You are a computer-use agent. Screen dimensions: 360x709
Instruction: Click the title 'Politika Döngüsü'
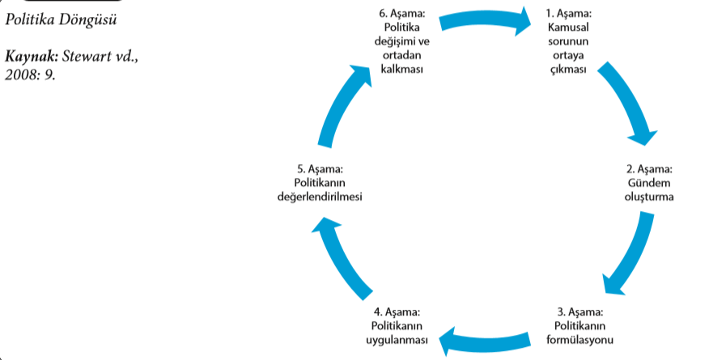(61, 18)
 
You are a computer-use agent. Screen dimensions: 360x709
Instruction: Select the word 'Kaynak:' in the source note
(32, 58)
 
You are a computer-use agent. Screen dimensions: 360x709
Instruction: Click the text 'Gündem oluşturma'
(649, 189)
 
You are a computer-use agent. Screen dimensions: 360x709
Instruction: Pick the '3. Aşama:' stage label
(581, 311)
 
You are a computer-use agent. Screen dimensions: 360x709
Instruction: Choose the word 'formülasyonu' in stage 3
(581, 337)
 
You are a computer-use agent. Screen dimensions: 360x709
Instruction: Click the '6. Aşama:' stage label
(393, 14)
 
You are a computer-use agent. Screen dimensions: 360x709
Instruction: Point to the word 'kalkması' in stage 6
(393, 68)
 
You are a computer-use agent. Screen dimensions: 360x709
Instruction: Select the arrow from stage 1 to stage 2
(627, 102)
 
